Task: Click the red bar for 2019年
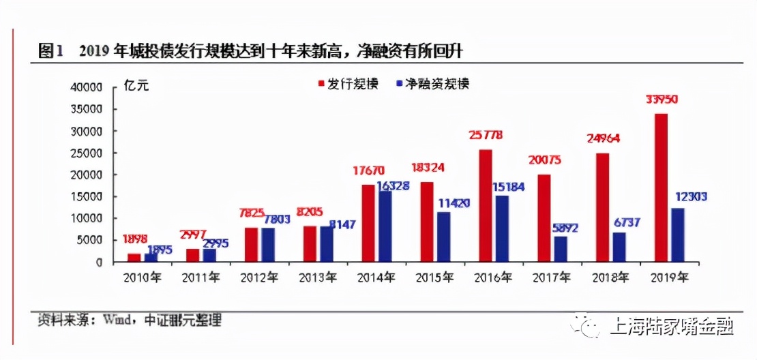tap(660, 187)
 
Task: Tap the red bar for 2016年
tap(485, 205)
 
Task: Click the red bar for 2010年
tap(134, 258)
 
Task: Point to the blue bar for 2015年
tap(443, 237)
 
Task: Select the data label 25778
tap(486, 136)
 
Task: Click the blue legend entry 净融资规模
tap(431, 84)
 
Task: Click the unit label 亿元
tap(136, 85)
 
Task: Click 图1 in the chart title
tap(50, 50)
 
